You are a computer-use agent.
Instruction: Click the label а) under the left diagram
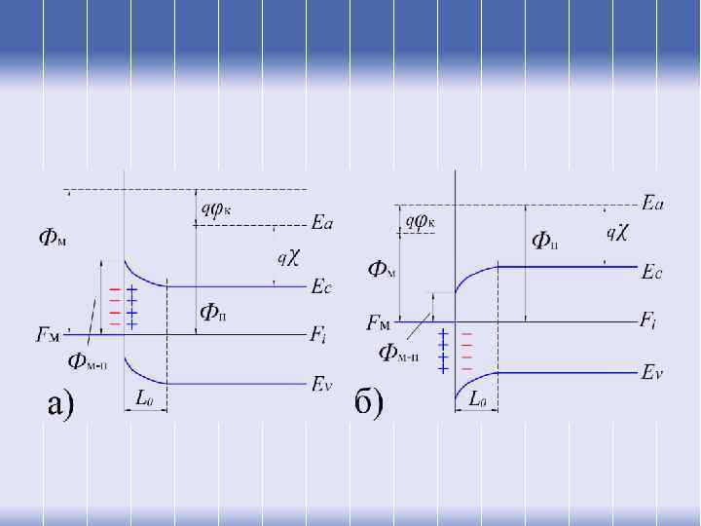pos(61,402)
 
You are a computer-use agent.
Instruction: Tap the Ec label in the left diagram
pos(321,286)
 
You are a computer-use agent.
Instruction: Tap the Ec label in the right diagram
pos(652,273)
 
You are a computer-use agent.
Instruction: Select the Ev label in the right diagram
pos(652,371)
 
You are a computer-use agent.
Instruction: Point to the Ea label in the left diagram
pos(322,224)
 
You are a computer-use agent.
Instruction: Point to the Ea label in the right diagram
pos(653,203)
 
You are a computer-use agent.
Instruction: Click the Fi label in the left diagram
pos(318,336)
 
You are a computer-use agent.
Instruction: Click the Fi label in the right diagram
pos(649,319)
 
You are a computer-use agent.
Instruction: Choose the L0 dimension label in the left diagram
pos(143,398)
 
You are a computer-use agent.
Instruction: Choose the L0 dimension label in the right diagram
pos(478,397)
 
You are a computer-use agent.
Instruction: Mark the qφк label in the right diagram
pos(420,220)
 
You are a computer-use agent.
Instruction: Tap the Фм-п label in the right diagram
pos(399,351)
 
